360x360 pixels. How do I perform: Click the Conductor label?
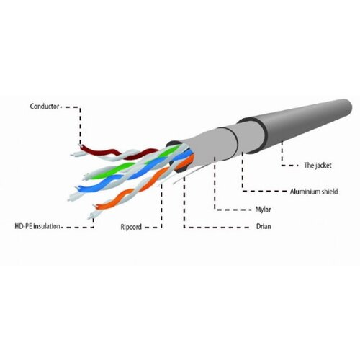pos(45,107)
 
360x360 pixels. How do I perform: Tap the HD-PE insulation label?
pos(37,226)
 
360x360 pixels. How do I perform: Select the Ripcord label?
pos(131,227)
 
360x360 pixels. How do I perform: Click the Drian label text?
pos(264,226)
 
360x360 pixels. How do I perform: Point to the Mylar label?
pos(264,210)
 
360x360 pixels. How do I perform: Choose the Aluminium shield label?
pos(314,192)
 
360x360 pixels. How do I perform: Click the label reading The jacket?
pos(318,165)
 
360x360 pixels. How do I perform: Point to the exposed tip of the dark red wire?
pos(80,145)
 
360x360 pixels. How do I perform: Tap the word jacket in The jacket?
pos(323,166)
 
